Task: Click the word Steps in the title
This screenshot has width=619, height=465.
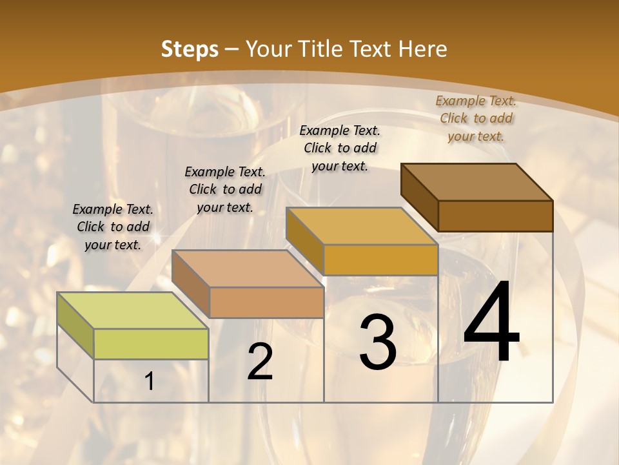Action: (190, 49)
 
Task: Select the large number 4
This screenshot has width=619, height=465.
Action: (491, 323)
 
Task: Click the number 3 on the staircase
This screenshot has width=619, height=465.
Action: (378, 342)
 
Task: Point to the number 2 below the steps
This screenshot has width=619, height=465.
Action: (260, 362)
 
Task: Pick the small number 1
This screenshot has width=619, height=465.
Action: (150, 382)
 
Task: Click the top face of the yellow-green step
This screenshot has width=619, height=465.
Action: (132, 311)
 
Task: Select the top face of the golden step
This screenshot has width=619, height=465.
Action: (362, 226)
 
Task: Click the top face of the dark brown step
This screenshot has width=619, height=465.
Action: (477, 182)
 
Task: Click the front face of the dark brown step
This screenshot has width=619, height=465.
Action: (495, 216)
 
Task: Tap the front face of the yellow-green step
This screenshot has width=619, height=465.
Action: (151, 344)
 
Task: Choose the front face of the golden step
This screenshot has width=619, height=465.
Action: (380, 260)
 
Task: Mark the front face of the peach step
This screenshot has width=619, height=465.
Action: (266, 302)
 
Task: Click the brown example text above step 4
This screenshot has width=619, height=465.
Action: (476, 118)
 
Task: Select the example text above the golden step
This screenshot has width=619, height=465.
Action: (340, 148)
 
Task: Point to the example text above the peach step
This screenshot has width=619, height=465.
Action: (225, 189)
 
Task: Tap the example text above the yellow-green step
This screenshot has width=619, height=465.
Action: (113, 227)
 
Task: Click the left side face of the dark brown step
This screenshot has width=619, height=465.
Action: (419, 196)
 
